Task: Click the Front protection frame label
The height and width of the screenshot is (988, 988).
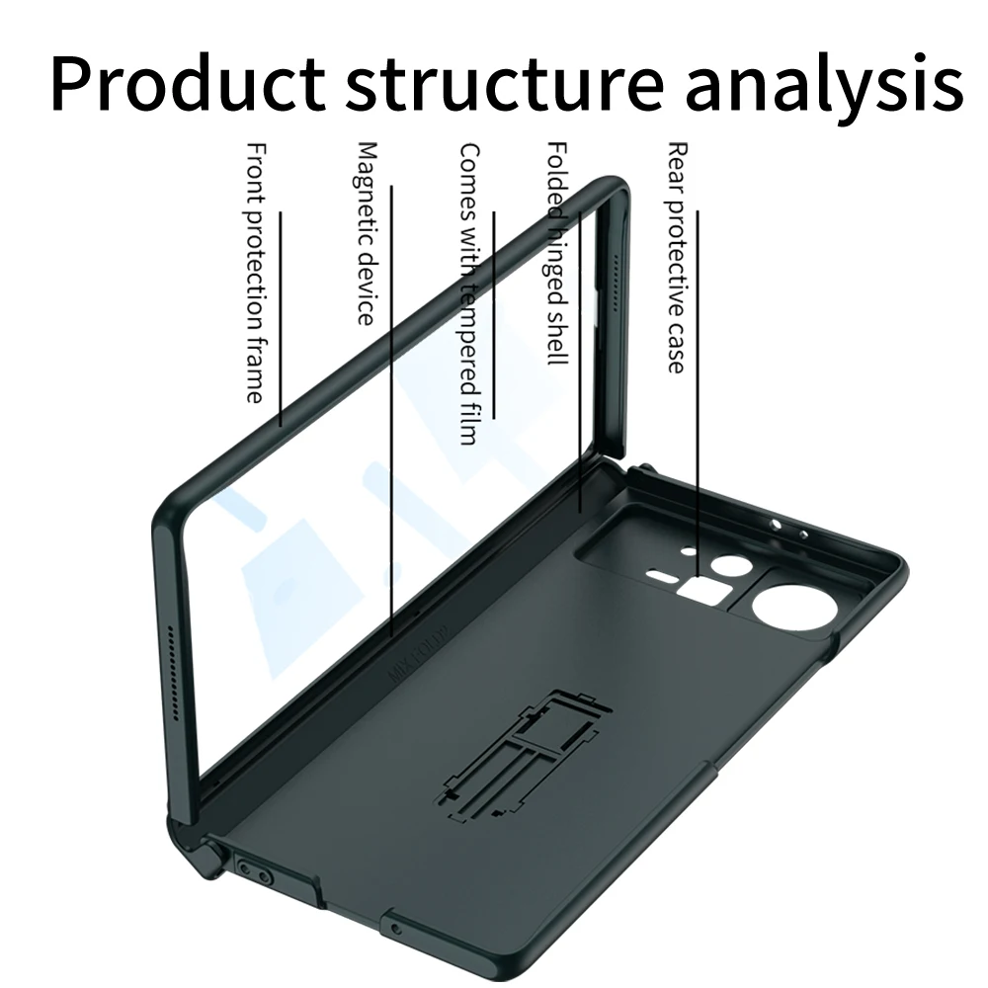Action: tap(255, 272)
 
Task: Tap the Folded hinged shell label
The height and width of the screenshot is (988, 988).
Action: tap(558, 252)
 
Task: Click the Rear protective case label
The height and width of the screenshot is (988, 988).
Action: tap(677, 257)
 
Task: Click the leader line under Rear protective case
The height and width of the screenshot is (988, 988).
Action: tap(699, 395)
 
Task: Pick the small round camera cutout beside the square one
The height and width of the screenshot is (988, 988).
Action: tap(732, 568)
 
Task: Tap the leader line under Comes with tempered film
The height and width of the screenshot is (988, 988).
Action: tap(494, 316)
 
